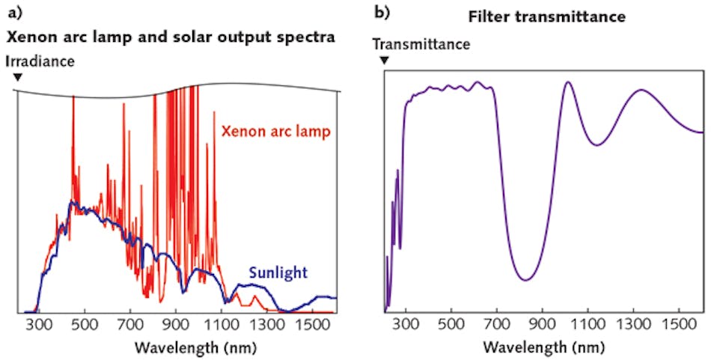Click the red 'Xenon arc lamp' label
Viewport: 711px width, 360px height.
click(276, 132)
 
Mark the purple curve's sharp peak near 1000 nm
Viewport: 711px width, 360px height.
click(568, 82)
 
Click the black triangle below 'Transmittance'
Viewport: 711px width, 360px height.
click(385, 60)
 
